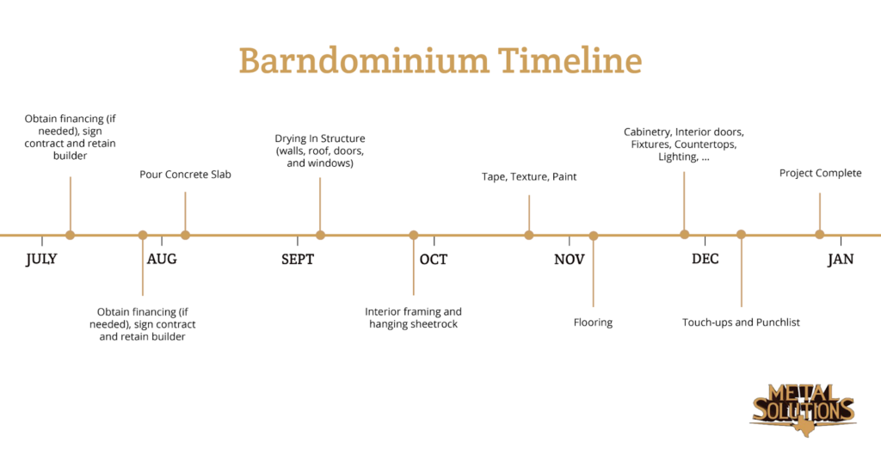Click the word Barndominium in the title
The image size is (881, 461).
click(x=364, y=60)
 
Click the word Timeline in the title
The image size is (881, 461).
click(x=570, y=60)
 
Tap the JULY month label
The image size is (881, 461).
click(x=41, y=259)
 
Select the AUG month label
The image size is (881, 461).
click(x=162, y=259)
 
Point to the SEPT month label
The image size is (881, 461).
click(x=298, y=259)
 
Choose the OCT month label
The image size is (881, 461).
click(x=434, y=259)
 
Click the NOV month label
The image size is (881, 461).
click(x=570, y=259)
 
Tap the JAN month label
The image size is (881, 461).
click(x=841, y=259)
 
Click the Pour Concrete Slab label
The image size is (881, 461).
click(x=186, y=175)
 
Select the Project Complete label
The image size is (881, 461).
click(x=820, y=174)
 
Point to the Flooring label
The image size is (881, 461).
click(x=594, y=323)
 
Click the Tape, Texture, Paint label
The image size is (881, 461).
click(x=529, y=177)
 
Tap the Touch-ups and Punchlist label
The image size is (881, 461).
click(x=741, y=323)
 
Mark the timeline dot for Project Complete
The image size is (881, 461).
click(x=820, y=235)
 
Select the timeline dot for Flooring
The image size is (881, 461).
click(x=594, y=236)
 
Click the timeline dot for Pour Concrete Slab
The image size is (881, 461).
click(x=186, y=236)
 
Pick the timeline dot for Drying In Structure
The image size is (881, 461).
click(x=320, y=236)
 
